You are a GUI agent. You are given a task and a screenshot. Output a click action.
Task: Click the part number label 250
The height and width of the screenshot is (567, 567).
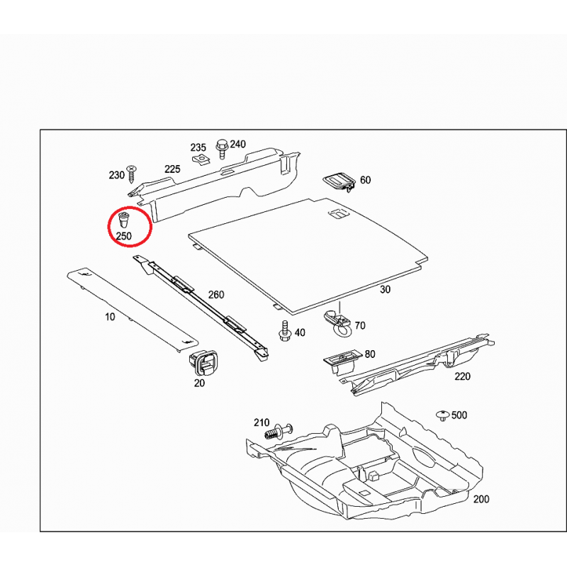[123, 236]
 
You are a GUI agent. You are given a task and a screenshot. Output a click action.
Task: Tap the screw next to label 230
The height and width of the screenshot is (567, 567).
[132, 174]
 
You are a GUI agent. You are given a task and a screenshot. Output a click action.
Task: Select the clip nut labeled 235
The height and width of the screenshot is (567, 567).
[201, 159]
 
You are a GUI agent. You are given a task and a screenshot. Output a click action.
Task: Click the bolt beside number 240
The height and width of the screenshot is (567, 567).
[222, 149]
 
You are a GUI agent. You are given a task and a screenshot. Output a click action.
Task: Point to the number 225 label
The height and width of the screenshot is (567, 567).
[172, 169]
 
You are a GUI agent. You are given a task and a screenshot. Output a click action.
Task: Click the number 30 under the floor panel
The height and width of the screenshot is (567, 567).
[385, 290]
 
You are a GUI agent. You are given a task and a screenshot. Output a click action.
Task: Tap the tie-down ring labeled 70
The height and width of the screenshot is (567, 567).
[338, 323]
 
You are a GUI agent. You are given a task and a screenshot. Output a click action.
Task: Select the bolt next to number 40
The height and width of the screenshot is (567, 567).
[286, 330]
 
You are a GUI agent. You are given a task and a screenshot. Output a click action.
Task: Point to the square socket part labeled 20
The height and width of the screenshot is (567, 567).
[203, 363]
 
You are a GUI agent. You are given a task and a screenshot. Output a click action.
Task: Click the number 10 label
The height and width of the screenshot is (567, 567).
[110, 317]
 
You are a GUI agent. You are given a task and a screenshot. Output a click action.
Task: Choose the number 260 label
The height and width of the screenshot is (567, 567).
[216, 295]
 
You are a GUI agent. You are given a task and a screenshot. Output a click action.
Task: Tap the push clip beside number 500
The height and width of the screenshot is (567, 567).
[443, 415]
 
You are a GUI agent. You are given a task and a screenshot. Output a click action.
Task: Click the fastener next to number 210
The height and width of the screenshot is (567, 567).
[279, 431]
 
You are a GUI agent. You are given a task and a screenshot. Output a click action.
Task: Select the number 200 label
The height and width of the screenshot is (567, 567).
[481, 499]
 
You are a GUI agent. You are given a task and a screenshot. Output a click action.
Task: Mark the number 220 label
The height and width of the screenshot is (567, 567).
[463, 376]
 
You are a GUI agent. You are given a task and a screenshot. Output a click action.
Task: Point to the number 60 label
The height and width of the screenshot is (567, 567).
[366, 180]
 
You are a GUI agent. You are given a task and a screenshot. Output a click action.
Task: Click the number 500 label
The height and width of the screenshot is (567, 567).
[459, 415]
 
